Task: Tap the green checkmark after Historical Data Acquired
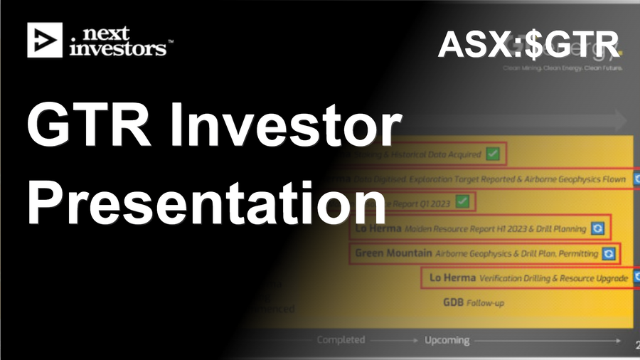(494, 154)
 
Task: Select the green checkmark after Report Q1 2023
(463, 201)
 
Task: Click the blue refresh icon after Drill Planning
(599, 228)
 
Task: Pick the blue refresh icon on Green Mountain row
(609, 253)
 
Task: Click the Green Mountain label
(393, 253)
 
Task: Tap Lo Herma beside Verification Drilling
(452, 278)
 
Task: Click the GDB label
(453, 302)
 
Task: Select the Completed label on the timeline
(341, 340)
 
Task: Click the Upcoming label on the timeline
(447, 340)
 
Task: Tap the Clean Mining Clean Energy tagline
(562, 68)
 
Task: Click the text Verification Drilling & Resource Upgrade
(554, 278)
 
